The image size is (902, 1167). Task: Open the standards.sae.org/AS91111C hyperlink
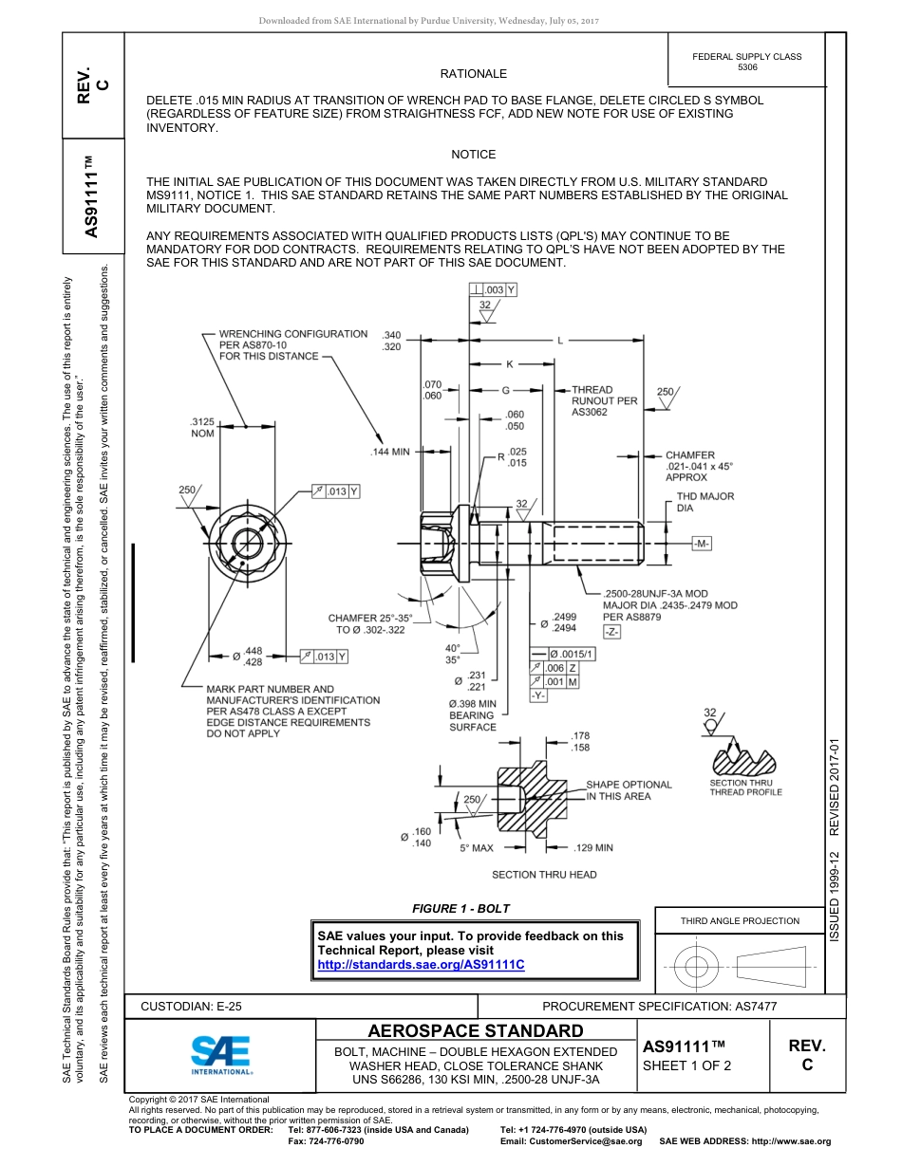click(x=421, y=965)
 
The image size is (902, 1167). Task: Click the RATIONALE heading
click(x=473, y=74)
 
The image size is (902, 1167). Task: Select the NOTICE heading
click(x=473, y=155)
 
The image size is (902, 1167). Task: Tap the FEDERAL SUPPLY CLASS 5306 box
click(x=746, y=62)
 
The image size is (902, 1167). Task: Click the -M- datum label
click(x=702, y=544)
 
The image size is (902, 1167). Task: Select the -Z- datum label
click(x=611, y=632)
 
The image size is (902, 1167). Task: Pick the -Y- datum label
click(x=538, y=695)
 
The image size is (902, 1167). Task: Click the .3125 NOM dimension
click(x=202, y=427)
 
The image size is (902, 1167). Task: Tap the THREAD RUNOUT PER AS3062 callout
click(x=604, y=401)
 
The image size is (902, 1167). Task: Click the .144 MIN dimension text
click(x=389, y=452)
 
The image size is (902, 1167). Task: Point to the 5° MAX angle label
click(x=477, y=847)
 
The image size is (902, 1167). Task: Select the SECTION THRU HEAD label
click(x=544, y=875)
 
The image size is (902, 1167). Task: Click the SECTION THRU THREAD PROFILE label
click(x=745, y=787)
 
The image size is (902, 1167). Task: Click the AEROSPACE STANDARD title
click(x=476, y=1031)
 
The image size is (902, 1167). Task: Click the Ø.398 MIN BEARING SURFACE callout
click(x=472, y=715)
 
